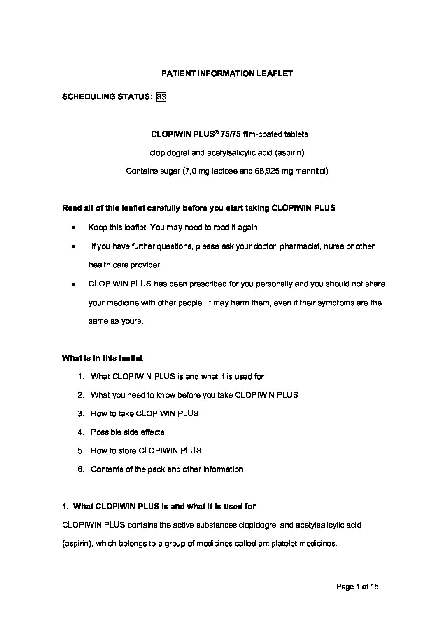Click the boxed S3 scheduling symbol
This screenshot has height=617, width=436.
(x=161, y=97)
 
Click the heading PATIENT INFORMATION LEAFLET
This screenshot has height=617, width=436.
(x=227, y=74)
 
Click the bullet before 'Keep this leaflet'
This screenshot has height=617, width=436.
(x=73, y=228)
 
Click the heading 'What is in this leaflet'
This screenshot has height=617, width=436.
(x=103, y=358)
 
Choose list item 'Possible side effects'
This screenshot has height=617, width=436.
(x=128, y=432)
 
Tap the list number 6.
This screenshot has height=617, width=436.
(x=81, y=469)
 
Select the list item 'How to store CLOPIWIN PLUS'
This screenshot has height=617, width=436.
(x=146, y=451)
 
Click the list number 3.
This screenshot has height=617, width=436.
(x=81, y=414)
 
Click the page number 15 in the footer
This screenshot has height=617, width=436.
(x=374, y=587)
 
